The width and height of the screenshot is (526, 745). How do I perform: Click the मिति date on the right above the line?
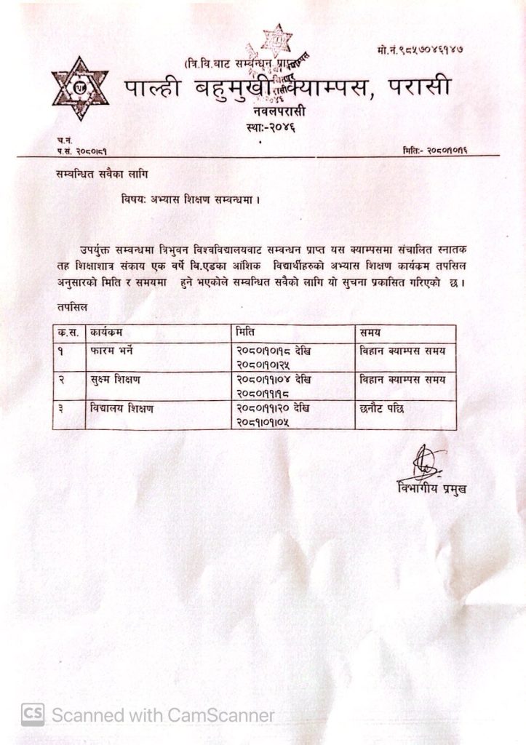point(440,149)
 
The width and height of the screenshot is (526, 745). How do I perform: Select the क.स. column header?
point(68,333)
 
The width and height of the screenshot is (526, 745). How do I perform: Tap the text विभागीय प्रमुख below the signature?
point(431,487)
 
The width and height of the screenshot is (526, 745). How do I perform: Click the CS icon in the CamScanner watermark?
point(32,715)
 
